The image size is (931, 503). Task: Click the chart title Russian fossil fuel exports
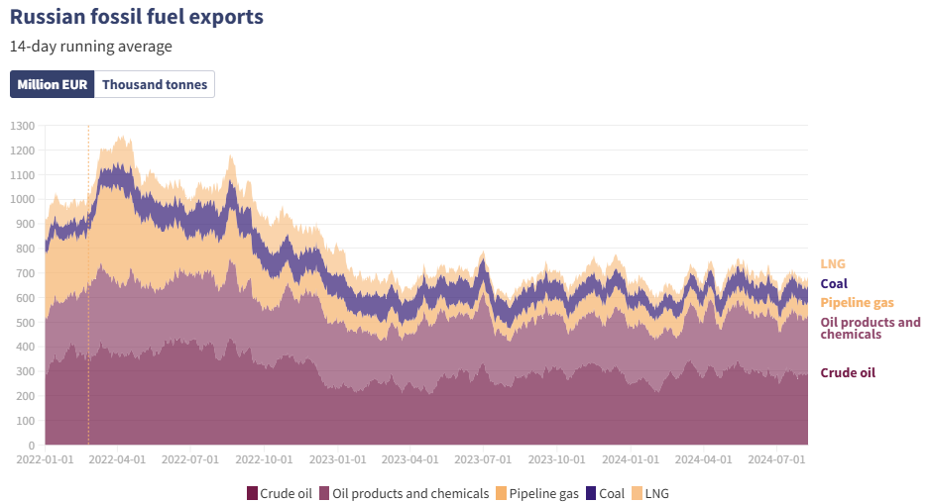click(x=137, y=17)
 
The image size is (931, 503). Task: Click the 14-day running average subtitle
click(x=91, y=47)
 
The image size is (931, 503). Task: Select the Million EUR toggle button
click(x=53, y=85)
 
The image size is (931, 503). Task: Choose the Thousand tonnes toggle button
click(x=155, y=85)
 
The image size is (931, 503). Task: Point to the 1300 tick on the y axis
click(x=23, y=126)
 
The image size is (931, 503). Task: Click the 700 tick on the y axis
click(x=26, y=273)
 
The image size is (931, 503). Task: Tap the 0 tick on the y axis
click(x=32, y=445)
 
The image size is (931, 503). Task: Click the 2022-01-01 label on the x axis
click(x=46, y=460)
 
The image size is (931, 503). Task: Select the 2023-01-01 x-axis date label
click(x=339, y=460)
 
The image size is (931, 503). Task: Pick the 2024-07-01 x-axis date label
click(x=777, y=460)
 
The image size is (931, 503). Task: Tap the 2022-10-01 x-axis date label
click(x=266, y=460)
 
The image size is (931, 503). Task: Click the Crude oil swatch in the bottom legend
click(x=252, y=493)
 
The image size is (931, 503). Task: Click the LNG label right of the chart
click(x=833, y=264)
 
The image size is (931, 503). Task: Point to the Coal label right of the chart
click(x=834, y=284)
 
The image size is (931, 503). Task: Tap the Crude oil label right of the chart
click(x=848, y=373)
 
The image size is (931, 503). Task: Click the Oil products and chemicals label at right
click(x=870, y=329)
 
